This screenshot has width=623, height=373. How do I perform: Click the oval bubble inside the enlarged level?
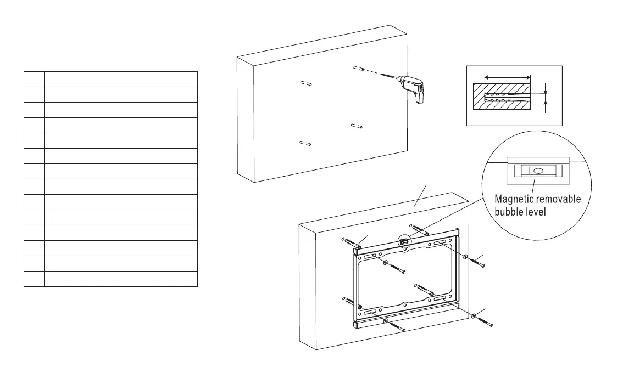[x=538, y=171]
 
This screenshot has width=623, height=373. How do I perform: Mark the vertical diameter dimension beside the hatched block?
[x=546, y=98]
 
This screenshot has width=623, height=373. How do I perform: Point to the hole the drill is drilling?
[x=358, y=69]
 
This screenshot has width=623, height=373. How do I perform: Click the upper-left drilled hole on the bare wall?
[x=307, y=83]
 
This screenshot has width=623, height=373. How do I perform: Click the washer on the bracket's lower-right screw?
[x=474, y=316]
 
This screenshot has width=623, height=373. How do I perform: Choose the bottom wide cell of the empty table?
[x=121, y=279]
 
